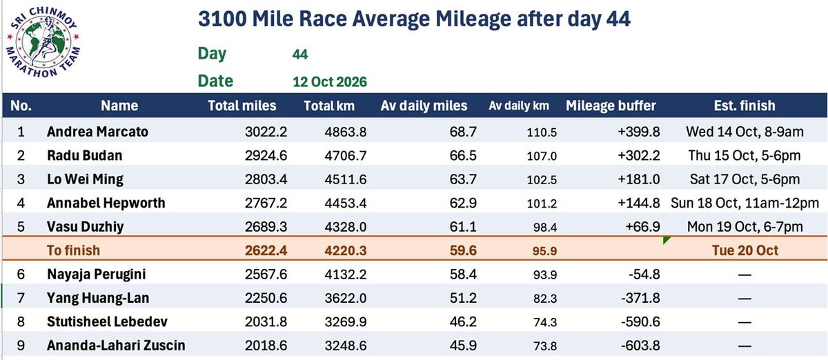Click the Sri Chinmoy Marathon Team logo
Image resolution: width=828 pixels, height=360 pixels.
tap(43, 42)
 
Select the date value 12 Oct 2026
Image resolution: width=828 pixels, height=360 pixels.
tap(330, 81)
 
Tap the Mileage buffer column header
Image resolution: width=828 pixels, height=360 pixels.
tap(611, 106)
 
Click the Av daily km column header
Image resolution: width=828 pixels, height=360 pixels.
tap(519, 106)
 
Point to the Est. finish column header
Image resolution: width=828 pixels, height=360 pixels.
tap(745, 106)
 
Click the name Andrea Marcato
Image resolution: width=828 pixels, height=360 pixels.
tap(97, 132)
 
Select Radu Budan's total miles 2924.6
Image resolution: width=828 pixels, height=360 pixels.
tap(266, 156)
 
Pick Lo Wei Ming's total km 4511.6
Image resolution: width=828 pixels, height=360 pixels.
tap(346, 179)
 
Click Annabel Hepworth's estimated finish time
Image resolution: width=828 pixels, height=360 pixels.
tap(745, 203)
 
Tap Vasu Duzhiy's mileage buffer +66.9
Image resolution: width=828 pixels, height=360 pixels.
tap(642, 227)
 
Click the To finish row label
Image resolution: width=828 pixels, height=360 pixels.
tap(73, 250)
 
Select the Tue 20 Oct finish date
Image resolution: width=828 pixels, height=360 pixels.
tap(745, 250)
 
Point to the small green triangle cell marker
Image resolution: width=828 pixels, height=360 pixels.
tap(666, 240)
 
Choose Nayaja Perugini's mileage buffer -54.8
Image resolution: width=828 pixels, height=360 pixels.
tap(644, 274)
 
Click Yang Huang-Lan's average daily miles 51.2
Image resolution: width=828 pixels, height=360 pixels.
tap(463, 298)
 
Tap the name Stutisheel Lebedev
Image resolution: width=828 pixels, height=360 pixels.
tap(107, 321)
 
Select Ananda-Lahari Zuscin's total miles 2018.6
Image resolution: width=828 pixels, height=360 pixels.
tap(266, 346)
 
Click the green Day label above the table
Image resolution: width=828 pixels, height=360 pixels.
tap(212, 54)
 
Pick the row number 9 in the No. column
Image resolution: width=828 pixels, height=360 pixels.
tap(21, 346)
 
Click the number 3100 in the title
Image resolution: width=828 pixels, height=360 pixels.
tap(222, 19)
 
